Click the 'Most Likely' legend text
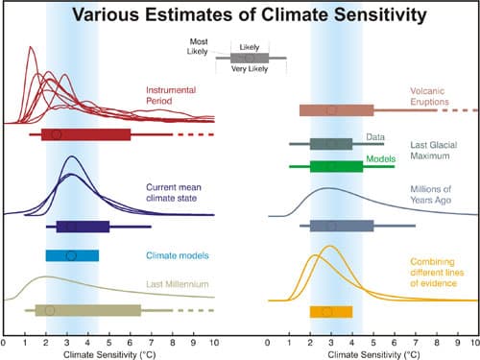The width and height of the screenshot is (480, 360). click(200, 47)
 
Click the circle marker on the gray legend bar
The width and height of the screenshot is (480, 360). click(249, 59)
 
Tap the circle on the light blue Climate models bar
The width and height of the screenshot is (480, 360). click(71, 255)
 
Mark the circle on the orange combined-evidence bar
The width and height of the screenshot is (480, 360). click(327, 312)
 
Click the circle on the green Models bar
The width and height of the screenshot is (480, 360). click(330, 166)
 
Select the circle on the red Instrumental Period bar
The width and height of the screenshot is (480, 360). click(56, 135)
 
